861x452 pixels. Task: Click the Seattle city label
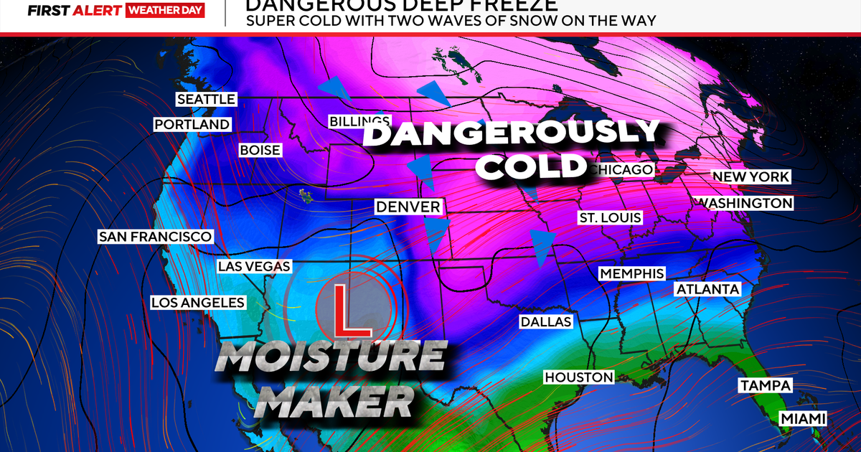[x=207, y=99]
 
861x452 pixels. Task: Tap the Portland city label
[x=192, y=125]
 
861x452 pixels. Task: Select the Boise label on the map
[x=260, y=151]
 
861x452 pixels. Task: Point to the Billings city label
[x=359, y=121]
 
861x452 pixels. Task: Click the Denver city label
[x=408, y=207]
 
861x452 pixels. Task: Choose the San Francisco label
[x=156, y=237]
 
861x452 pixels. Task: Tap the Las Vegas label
[x=254, y=266]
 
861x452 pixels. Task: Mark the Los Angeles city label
[x=197, y=303]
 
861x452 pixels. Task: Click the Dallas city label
[x=547, y=321]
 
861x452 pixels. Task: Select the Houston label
[x=579, y=377]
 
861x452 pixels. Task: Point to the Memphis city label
[x=631, y=273]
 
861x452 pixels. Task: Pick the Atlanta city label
[x=707, y=288]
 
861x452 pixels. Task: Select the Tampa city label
[x=765, y=386]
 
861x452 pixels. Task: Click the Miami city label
[x=804, y=418]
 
